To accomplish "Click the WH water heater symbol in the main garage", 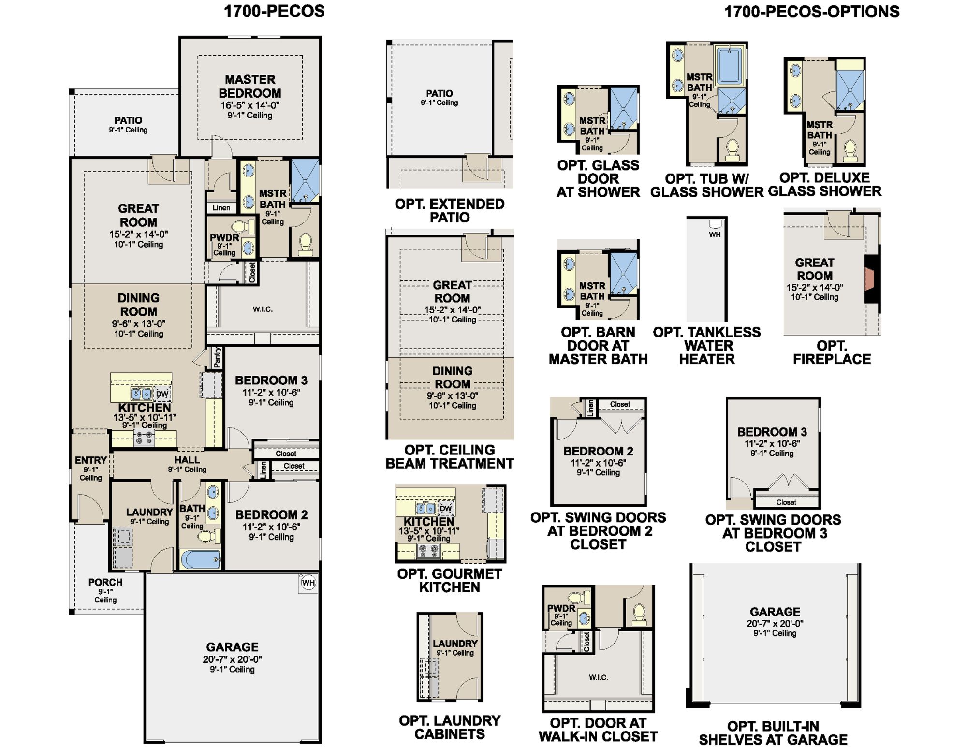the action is (x=308, y=583).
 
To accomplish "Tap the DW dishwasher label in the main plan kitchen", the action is (x=161, y=394).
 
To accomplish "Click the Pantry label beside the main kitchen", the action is (x=217, y=357).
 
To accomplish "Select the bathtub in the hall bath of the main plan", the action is (x=201, y=559).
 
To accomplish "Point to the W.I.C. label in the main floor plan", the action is (x=263, y=309).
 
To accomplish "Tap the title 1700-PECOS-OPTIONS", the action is (x=812, y=12).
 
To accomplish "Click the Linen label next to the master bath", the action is (x=221, y=208).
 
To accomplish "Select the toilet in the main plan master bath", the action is (x=305, y=244).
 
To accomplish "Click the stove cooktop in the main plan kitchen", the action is (x=144, y=438).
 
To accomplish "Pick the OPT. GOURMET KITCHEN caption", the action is (x=450, y=581).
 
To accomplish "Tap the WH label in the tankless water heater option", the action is (x=715, y=234).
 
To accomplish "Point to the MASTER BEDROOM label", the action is (x=250, y=86).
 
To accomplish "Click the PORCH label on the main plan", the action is (x=105, y=582).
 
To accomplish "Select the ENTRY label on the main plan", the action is (x=91, y=460).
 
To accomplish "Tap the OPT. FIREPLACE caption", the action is (x=832, y=352).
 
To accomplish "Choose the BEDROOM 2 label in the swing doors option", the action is (x=598, y=451).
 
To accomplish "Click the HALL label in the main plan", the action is (x=187, y=460).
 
